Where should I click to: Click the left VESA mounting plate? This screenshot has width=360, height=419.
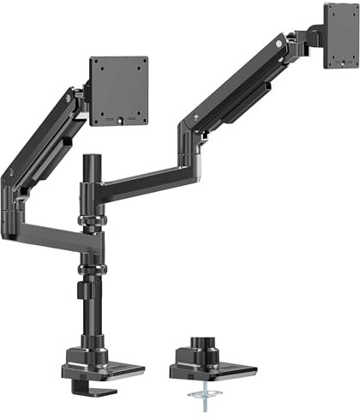119,91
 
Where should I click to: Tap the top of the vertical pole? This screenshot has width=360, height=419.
91,160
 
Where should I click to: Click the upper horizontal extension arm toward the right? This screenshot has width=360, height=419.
146,186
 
